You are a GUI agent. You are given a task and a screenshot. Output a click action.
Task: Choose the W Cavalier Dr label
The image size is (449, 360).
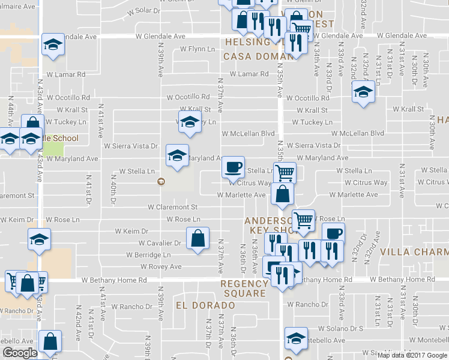[160, 243]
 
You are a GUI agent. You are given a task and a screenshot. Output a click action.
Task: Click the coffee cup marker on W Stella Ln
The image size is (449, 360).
[233, 167]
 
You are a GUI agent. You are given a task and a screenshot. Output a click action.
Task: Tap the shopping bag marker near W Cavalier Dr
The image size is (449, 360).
[197, 238]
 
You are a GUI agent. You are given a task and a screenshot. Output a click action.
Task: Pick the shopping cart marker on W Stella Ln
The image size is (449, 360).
[286, 172]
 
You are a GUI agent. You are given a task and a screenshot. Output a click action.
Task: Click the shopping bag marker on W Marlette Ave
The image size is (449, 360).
[282, 194]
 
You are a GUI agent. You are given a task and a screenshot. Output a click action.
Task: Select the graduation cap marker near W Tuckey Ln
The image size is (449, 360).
[190, 121]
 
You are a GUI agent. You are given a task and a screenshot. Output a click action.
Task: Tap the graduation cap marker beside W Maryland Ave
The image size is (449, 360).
[176, 155]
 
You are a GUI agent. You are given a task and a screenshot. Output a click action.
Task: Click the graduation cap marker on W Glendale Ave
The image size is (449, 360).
[53, 44]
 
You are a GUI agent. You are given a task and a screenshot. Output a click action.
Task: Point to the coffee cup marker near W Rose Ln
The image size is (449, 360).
[333, 233]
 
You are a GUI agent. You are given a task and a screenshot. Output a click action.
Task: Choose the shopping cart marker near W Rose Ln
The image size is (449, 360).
[303, 221]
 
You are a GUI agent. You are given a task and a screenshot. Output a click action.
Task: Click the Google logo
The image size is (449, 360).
[20, 353]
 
